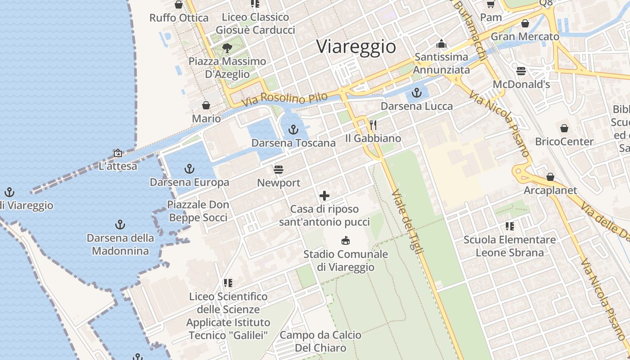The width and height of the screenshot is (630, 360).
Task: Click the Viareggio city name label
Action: coord(356,47)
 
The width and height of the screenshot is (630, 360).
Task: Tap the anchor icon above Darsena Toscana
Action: coord(293,130)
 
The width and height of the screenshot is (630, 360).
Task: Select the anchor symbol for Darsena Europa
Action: coord(189,169)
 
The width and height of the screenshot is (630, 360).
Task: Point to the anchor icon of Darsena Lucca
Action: coord(417,93)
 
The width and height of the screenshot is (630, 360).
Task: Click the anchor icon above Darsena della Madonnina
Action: coord(120,224)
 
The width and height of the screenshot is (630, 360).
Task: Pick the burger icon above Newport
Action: coord(279,170)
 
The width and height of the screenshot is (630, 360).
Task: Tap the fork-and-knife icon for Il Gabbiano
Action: coord(373,125)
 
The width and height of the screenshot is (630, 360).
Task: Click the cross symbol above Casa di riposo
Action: coord(324,196)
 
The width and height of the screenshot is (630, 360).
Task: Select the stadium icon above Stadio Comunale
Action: coord(346,240)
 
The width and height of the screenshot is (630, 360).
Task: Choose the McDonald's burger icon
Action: coord(521,71)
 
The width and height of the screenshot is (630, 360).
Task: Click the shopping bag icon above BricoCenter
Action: coord(564,128)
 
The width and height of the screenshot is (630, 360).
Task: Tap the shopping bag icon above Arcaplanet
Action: coord(550,177)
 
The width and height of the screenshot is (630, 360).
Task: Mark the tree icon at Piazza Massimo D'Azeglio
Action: coord(227,48)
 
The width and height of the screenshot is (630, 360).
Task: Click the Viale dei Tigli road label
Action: coord(408,222)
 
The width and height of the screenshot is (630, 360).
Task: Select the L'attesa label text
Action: coord(118,166)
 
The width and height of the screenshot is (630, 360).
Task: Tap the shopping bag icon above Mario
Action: coord(206,105)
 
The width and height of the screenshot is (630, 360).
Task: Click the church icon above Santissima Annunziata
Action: coord(441,44)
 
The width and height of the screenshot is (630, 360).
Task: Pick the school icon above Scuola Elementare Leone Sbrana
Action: coord(509,226)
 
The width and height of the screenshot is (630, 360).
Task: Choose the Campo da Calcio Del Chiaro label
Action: coord(320,342)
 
